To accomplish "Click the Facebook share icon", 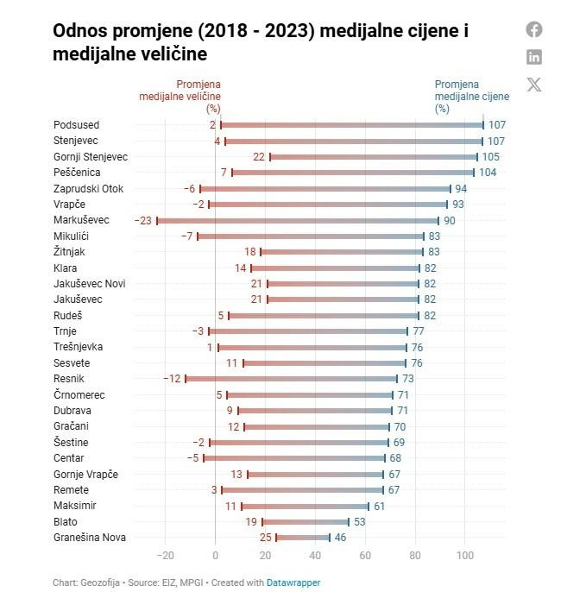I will pos(534,29).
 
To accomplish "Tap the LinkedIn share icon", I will pos(534,57).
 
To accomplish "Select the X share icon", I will pos(534,84).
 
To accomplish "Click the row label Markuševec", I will pos(81,220).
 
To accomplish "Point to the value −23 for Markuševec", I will pos(143,220).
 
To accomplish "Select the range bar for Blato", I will pos(306,521).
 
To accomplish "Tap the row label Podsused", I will pos(77,125).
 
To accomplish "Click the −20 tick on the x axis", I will pos(166,555).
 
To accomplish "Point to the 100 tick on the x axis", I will pos(466,555).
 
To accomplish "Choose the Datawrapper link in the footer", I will pos(293,583).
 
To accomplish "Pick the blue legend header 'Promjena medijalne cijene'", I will pos(471,96).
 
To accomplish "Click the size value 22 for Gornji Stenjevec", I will pos(258,157).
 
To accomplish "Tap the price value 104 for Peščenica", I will pos(488,173).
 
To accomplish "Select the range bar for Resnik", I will pos(291,379).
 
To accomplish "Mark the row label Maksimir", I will pos(76,506).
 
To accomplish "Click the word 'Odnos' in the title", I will pos(80,32).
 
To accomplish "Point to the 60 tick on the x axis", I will pos(365,555).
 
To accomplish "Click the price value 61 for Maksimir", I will pos(379,506).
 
